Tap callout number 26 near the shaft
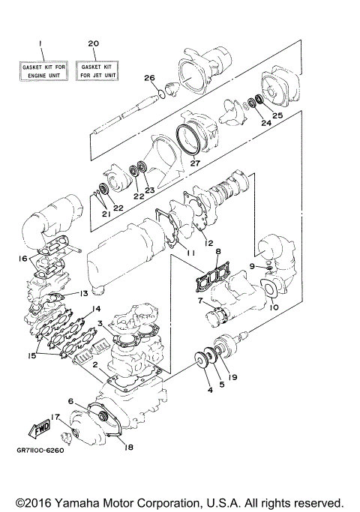click(149, 78)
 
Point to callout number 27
click(195, 163)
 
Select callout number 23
click(150, 190)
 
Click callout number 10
click(273, 307)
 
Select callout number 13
click(85, 294)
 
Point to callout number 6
click(70, 401)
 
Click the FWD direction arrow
click(38, 429)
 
